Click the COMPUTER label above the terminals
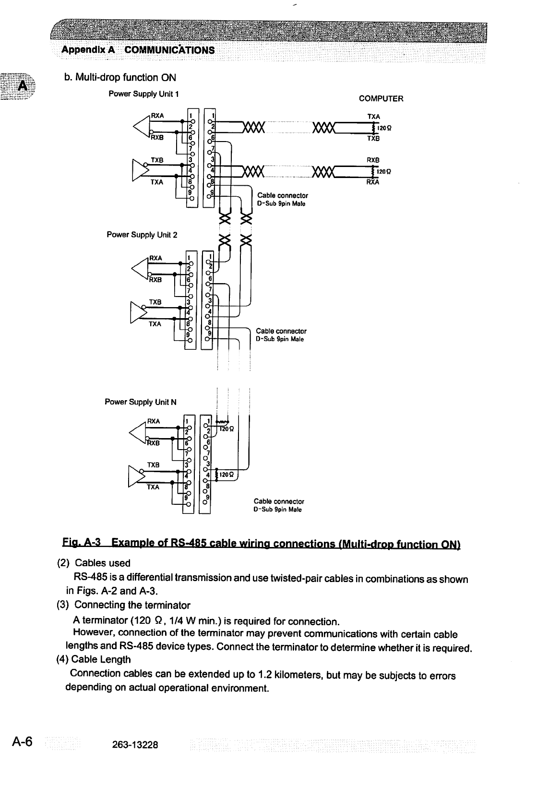(x=381, y=99)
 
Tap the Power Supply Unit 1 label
(x=143, y=94)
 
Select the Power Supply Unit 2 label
(x=142, y=235)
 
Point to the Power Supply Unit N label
(x=141, y=402)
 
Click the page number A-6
(x=22, y=742)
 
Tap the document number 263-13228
(x=135, y=745)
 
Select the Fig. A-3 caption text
(x=262, y=543)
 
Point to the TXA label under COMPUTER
(x=373, y=117)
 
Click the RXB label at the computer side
(x=373, y=160)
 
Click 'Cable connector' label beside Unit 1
(x=283, y=195)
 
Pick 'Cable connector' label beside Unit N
(x=279, y=501)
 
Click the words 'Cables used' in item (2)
(x=103, y=563)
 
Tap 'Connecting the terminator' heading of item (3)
(x=132, y=605)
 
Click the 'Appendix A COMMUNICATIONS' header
(x=138, y=50)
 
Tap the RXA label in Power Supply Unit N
(x=154, y=421)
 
